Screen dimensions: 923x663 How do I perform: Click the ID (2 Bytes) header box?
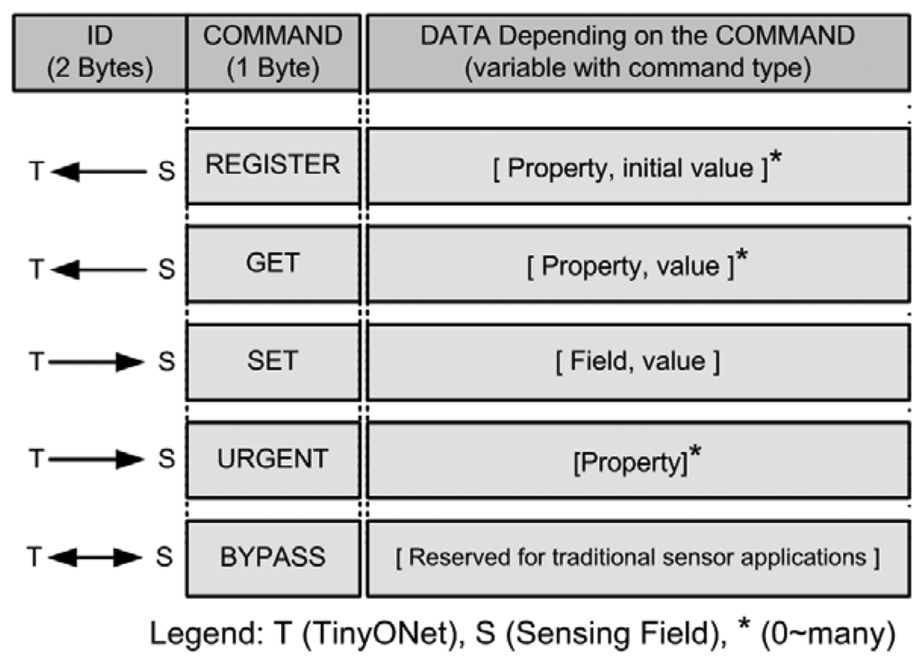tap(99, 51)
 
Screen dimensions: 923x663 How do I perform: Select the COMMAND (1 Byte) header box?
tap(273, 51)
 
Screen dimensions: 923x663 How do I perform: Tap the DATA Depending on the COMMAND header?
tap(637, 51)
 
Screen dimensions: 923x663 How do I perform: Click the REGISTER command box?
tap(273, 165)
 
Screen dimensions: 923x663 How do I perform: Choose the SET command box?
tap(273, 362)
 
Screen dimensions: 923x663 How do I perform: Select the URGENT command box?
tap(273, 459)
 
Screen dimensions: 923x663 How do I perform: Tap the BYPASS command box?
tap(273, 557)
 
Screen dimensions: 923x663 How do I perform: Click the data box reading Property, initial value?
tap(637, 167)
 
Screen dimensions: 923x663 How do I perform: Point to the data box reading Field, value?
tap(637, 362)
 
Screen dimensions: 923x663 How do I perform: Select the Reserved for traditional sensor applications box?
tap(637, 557)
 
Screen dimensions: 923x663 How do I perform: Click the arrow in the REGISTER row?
tap(97, 170)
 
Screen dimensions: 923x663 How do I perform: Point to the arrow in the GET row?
tap(97, 267)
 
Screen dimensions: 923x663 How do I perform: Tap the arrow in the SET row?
tap(97, 363)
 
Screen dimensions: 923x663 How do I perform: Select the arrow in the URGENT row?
tap(97, 460)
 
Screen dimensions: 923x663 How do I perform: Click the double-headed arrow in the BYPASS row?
tap(97, 557)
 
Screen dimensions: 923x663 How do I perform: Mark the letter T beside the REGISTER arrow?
tap(34, 170)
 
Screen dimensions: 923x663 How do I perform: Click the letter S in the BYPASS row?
tap(166, 557)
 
